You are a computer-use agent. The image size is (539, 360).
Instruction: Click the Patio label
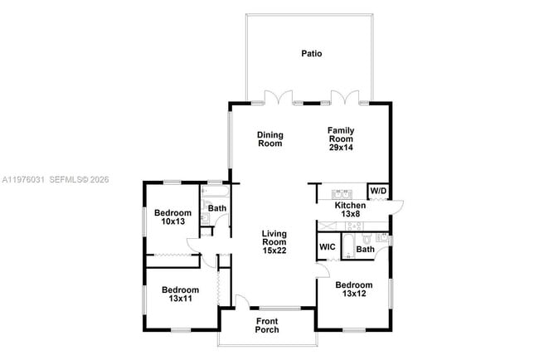pyautogui.click(x=311, y=54)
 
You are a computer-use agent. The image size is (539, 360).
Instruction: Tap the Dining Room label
pyautogui.click(x=269, y=139)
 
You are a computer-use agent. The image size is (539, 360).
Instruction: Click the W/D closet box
pyautogui.click(x=378, y=192)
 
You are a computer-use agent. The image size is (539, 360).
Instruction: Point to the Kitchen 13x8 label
pyautogui.click(x=350, y=210)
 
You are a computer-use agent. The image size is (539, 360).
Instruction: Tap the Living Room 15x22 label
pyautogui.click(x=274, y=241)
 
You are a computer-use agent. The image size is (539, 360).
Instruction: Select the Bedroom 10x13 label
pyautogui.click(x=173, y=217)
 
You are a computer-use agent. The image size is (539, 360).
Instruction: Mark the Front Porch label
pyautogui.click(x=267, y=325)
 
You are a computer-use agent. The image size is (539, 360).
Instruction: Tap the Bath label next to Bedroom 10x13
pyautogui.click(x=217, y=208)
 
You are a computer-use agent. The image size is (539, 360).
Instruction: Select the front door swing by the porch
pyautogui.click(x=241, y=301)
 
